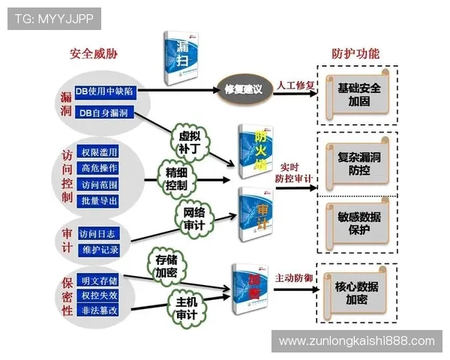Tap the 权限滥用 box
(x=98, y=153)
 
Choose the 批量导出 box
(x=98, y=200)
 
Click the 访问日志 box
(x=97, y=232)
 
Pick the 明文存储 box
(x=99, y=280)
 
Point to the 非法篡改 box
(x=99, y=309)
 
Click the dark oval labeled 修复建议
(x=244, y=89)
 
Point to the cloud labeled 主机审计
(x=187, y=307)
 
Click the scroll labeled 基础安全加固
(x=359, y=94)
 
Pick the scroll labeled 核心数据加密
(x=356, y=291)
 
